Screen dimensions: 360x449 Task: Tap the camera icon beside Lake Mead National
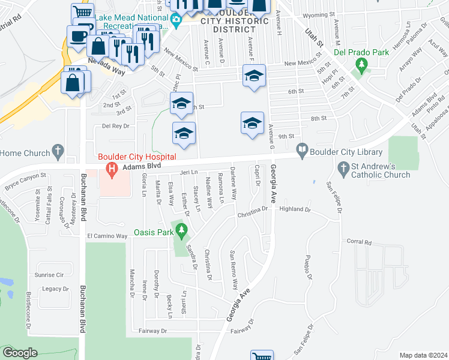(x=176, y=22)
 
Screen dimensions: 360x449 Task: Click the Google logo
(x=20, y=352)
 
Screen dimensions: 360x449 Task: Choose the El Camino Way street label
(x=107, y=236)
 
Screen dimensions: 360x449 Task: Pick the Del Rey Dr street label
(x=116, y=126)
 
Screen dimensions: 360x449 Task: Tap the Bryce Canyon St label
(x=26, y=178)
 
